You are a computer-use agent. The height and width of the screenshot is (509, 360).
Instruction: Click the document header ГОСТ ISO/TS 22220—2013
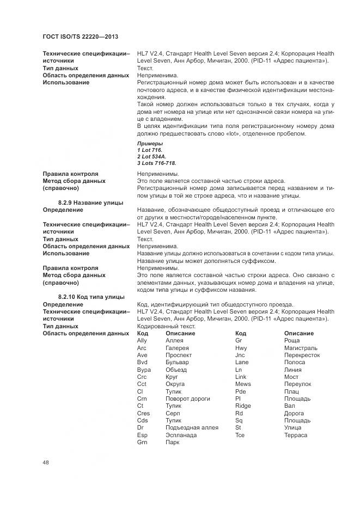[81, 37]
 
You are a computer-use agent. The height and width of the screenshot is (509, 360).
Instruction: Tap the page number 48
[46, 463]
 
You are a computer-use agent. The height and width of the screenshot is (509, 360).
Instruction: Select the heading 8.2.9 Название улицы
[90, 203]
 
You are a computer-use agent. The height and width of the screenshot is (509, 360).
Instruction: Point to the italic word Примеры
[150, 143]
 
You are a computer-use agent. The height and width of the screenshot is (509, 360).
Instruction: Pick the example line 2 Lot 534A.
[152, 156]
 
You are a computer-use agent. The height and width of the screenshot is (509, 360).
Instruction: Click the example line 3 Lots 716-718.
[157, 163]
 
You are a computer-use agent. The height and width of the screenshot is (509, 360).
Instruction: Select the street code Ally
[142, 340]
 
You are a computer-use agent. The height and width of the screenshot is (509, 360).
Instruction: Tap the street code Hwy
[241, 348]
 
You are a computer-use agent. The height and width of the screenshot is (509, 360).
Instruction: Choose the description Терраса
[296, 435]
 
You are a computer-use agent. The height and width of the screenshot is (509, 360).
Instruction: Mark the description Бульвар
[178, 362]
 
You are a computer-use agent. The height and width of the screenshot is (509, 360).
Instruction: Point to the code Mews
[243, 384]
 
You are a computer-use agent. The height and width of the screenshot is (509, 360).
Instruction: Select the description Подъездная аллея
[192, 427]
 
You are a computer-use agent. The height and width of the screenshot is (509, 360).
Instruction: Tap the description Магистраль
[301, 348]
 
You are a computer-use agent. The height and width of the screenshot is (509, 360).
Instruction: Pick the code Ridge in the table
[243, 406]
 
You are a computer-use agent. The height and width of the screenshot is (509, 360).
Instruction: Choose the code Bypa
[144, 370]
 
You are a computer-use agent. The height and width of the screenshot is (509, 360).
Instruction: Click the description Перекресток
[302, 355]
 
